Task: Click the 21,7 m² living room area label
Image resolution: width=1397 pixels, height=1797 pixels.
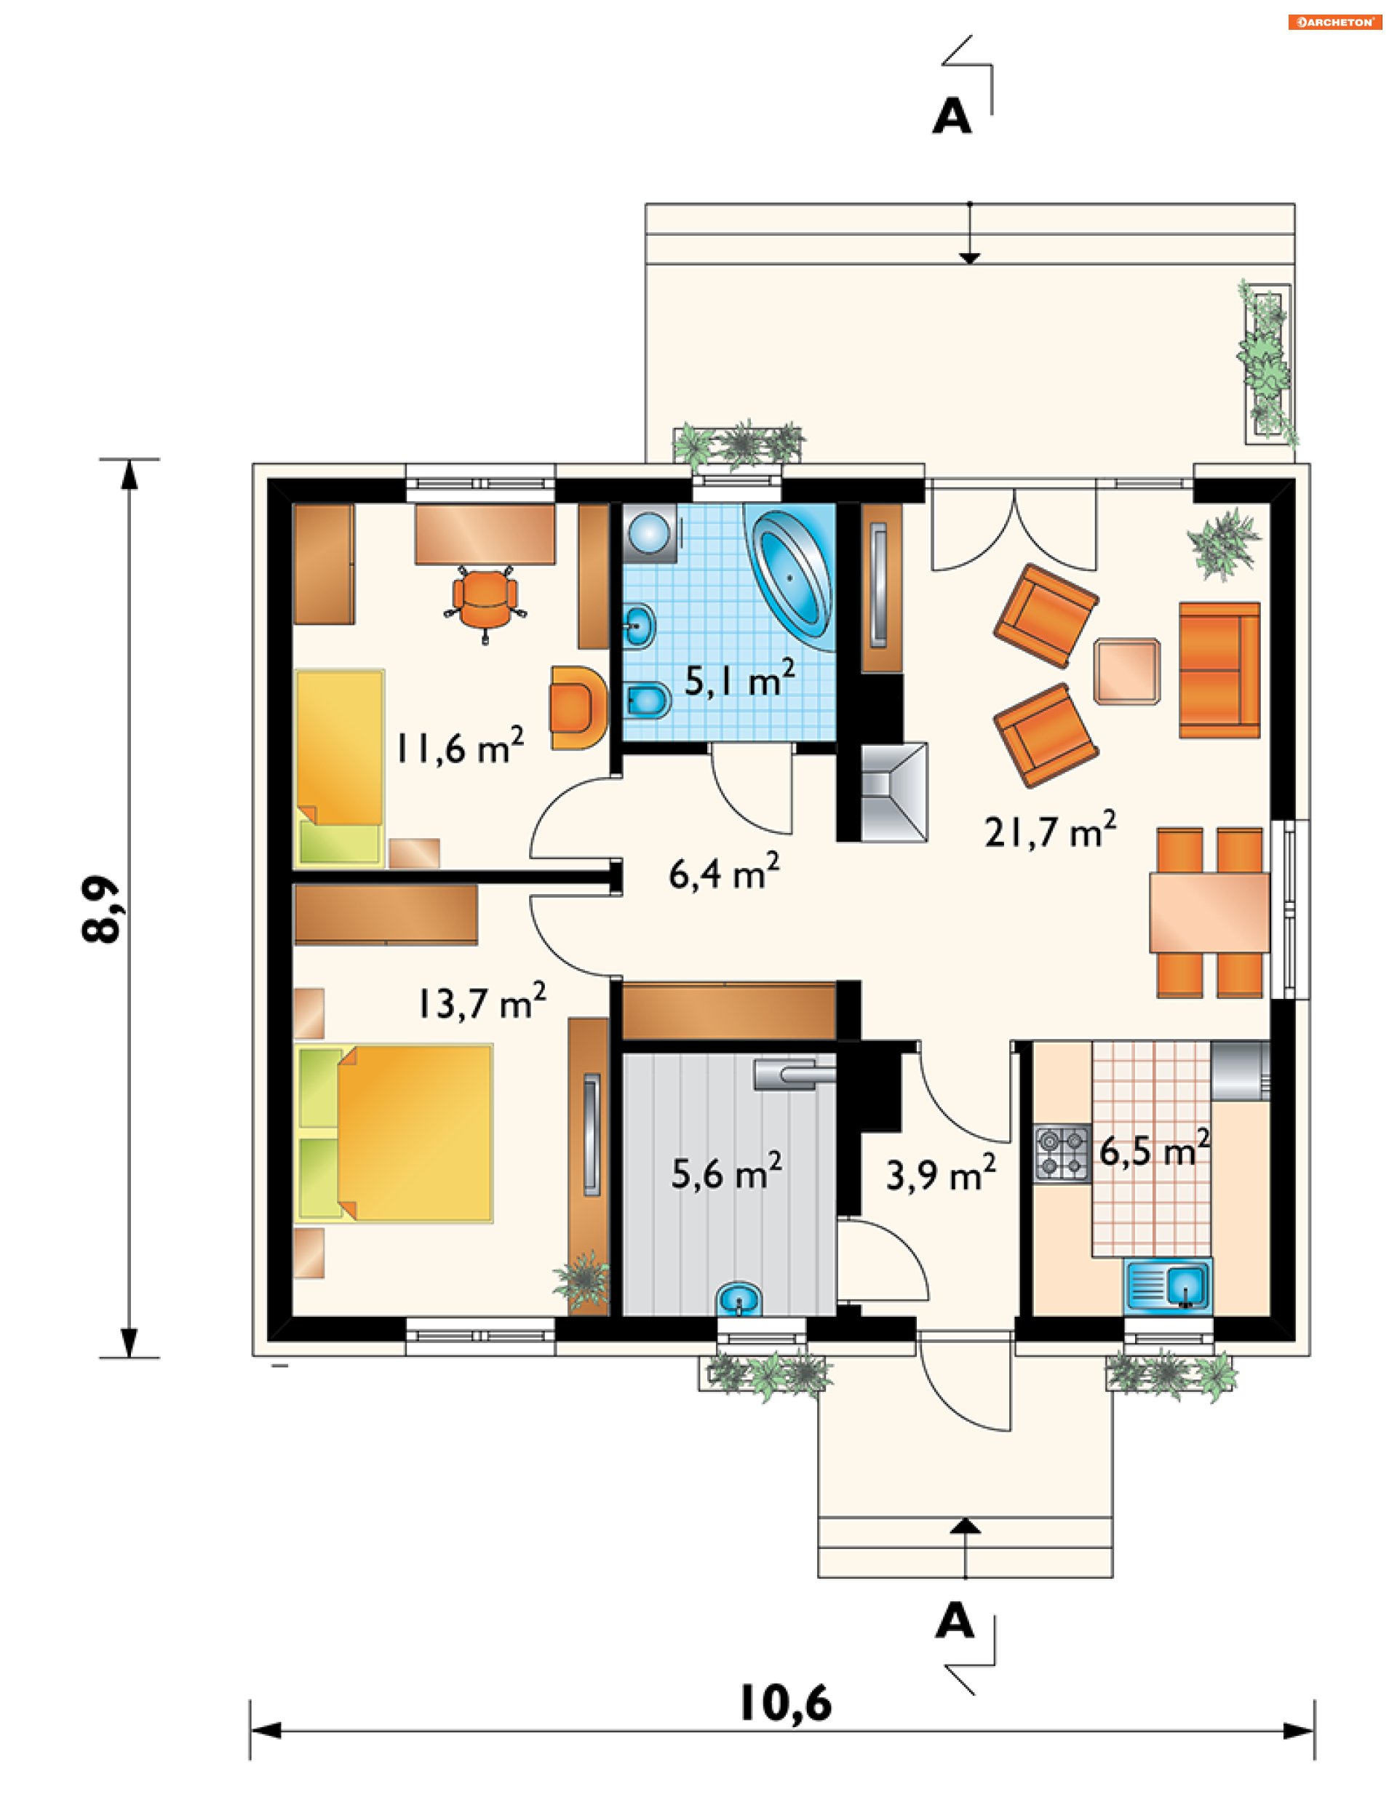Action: pyautogui.click(x=1051, y=830)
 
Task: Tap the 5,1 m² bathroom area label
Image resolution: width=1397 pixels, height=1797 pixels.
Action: pyautogui.click(x=740, y=679)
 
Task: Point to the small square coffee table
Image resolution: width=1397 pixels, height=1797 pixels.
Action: pyautogui.click(x=1127, y=672)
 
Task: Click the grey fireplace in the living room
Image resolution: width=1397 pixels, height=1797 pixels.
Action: pyautogui.click(x=894, y=792)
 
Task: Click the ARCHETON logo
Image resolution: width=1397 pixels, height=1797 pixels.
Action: pyautogui.click(x=1335, y=23)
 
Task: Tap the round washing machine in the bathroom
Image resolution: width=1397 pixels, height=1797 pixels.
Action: pyautogui.click(x=650, y=533)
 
